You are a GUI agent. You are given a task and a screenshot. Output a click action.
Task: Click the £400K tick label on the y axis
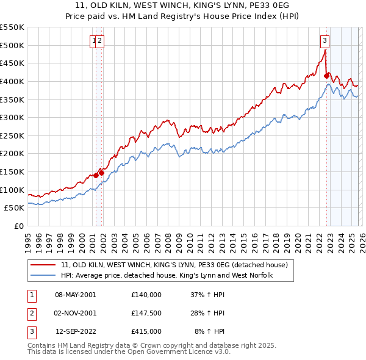[x=12, y=81]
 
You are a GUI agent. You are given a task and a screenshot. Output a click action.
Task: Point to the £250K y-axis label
[x=12, y=135]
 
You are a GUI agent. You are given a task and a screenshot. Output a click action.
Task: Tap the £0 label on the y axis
[x=19, y=226]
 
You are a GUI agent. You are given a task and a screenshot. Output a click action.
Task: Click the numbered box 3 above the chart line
[x=325, y=41]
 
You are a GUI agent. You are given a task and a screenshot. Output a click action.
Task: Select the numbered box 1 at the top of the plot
[x=94, y=41]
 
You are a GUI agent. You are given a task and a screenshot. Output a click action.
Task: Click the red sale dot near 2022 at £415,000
[x=327, y=76]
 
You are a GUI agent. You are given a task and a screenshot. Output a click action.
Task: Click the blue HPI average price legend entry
[x=166, y=275]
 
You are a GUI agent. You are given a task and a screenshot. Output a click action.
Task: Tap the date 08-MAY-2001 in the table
[x=75, y=294]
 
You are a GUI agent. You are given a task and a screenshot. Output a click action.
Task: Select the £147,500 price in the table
[x=146, y=313]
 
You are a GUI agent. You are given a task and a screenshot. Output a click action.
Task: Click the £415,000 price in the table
[x=146, y=332]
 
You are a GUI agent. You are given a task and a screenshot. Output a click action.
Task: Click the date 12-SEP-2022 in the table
[x=75, y=332]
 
